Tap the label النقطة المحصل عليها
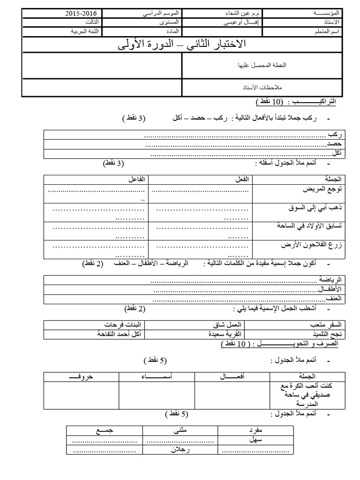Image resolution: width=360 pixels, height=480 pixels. click(262, 66)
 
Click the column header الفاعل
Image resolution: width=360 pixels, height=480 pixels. click(137, 180)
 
